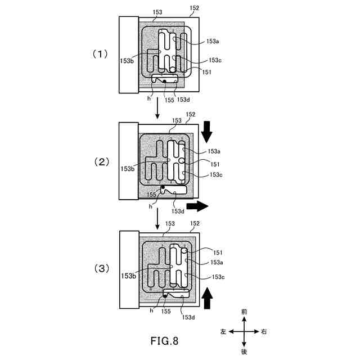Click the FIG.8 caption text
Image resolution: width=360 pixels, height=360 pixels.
pyautogui.click(x=167, y=340)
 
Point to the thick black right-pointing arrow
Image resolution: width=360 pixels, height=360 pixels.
pyautogui.click(x=197, y=206)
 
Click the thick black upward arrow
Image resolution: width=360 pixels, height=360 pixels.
pyautogui.click(x=207, y=297)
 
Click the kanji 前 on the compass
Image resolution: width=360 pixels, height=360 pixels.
pyautogui.click(x=244, y=310)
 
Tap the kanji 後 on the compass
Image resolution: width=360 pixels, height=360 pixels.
pyautogui.click(x=244, y=352)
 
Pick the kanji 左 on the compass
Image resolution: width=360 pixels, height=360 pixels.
pyautogui.click(x=223, y=331)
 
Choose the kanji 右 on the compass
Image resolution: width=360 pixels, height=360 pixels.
pyautogui.click(x=264, y=331)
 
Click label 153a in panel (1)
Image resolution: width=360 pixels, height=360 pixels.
pyautogui.click(x=213, y=41)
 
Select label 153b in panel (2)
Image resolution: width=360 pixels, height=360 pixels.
pyautogui.click(x=127, y=168)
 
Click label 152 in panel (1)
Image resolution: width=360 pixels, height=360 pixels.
pyautogui.click(x=195, y=8)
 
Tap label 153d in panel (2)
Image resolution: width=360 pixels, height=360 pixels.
pyautogui.click(x=178, y=211)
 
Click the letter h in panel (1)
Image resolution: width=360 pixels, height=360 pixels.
pyautogui.click(x=149, y=98)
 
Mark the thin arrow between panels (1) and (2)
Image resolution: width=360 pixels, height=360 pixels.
pyautogui.click(x=157, y=110)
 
